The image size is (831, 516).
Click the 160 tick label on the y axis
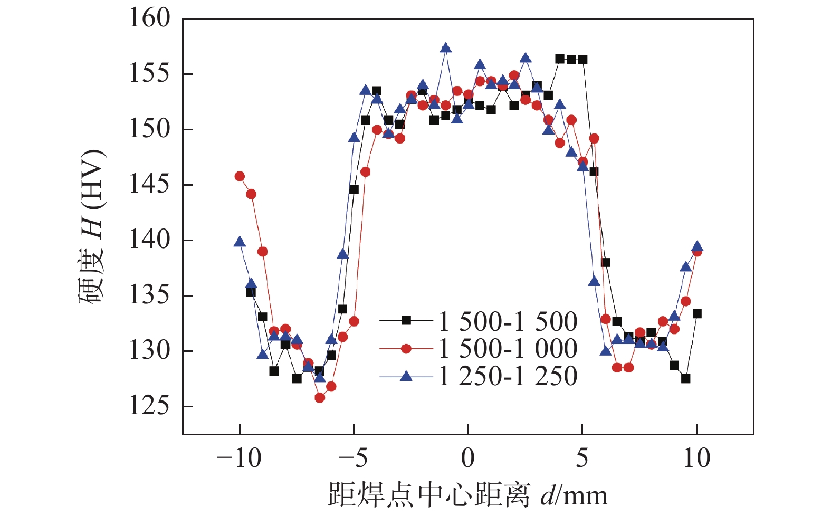tap(150, 18)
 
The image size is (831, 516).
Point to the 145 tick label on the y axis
tap(150, 185)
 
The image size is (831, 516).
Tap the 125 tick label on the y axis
tap(150, 406)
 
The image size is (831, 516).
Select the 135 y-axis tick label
tap(150, 295)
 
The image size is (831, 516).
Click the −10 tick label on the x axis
tap(239, 458)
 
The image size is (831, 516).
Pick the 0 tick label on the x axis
tap(468, 458)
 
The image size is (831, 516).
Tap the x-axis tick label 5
tap(582, 458)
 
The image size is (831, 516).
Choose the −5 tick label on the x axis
tap(353, 458)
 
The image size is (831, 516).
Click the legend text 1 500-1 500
tap(508, 321)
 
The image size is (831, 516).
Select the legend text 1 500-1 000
tap(508, 349)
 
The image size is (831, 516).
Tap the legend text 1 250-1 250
tap(508, 376)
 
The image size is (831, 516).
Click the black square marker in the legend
tap(406, 320)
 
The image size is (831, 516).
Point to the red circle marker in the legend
tap(406, 348)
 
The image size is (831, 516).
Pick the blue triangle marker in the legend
tap(406, 376)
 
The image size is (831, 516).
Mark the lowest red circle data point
tap(320, 398)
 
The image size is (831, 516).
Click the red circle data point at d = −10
tap(240, 176)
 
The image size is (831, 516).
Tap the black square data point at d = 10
tap(697, 313)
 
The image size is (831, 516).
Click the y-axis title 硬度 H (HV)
tap(93, 227)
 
